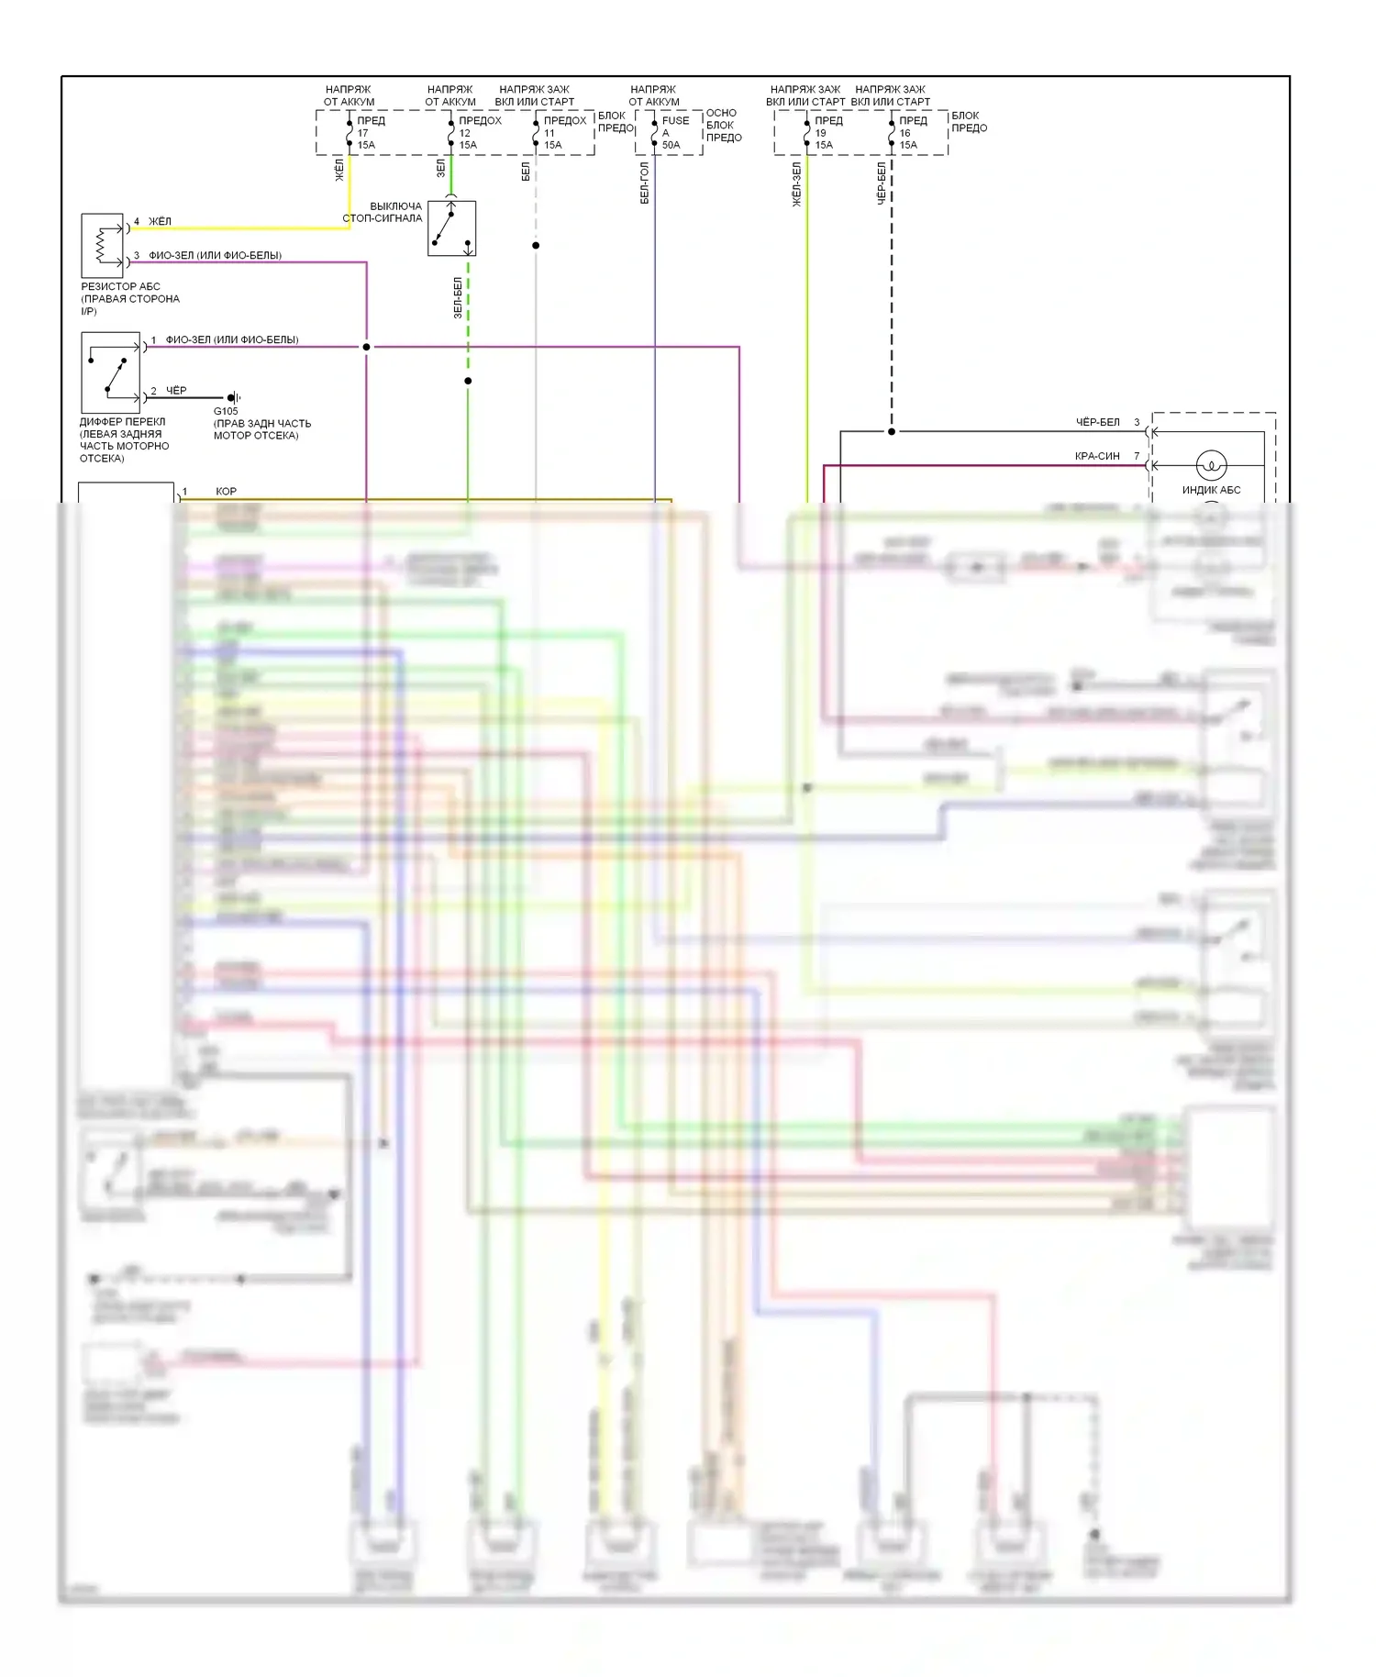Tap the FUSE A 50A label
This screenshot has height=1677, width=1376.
[674, 133]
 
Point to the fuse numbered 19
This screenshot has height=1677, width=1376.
[823, 133]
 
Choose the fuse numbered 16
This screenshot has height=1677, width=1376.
[907, 133]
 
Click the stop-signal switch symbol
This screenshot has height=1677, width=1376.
[451, 228]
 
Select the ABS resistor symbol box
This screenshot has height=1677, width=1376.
[103, 246]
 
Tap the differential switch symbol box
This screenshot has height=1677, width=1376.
[111, 372]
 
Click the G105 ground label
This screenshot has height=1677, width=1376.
[226, 411]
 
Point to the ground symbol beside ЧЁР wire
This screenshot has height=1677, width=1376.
[234, 397]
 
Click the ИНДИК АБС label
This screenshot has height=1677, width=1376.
[1211, 490]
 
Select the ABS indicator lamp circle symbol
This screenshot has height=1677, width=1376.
[1211, 465]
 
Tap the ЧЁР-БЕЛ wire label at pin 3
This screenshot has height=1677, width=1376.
[1097, 422]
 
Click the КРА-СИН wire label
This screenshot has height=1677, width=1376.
[1097, 456]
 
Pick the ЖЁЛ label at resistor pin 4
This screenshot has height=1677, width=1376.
[160, 221]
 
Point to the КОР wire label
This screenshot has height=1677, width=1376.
[226, 492]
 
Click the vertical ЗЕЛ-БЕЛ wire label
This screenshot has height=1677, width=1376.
[458, 298]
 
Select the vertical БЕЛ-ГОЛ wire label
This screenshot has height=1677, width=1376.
[645, 183]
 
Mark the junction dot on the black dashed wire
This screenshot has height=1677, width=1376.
[892, 431]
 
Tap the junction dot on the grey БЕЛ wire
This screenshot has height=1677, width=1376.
[536, 245]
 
